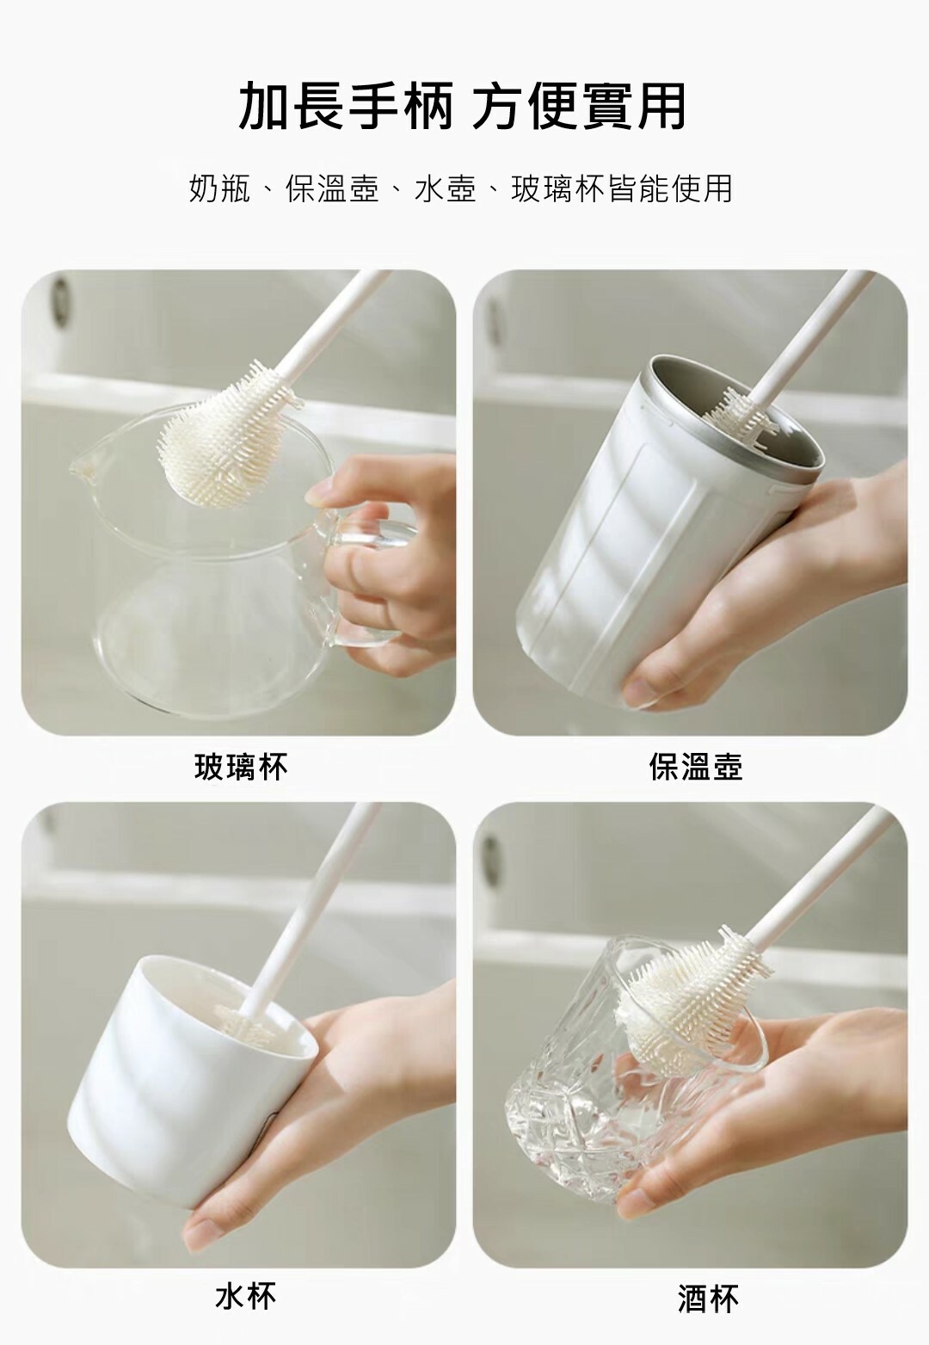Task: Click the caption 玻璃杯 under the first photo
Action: [x=241, y=767]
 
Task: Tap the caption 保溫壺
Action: [x=696, y=767]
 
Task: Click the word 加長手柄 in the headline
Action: [x=345, y=107]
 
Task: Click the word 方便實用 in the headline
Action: [x=579, y=107]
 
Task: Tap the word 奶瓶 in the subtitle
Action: [x=220, y=188]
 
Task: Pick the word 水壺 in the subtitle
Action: [x=446, y=188]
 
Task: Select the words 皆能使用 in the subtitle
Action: [x=671, y=188]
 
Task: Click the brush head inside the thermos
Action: [x=741, y=412]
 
